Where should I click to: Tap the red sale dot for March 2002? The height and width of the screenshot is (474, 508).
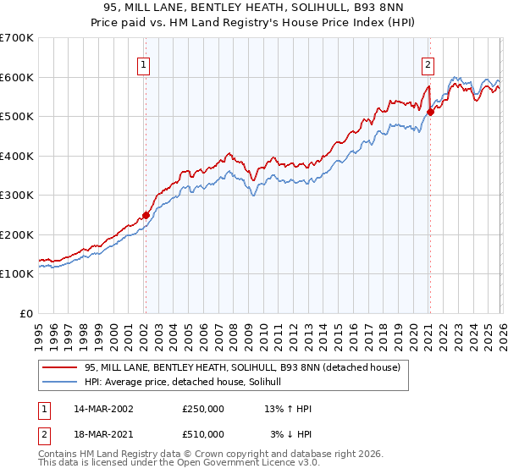tap(146, 215)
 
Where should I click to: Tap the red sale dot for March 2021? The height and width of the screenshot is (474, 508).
tap(430, 112)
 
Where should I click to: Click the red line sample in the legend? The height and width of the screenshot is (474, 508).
tap(60, 367)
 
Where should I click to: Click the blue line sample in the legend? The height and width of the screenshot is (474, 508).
tap(60, 383)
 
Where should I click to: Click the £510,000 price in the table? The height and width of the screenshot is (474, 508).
tap(203, 434)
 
